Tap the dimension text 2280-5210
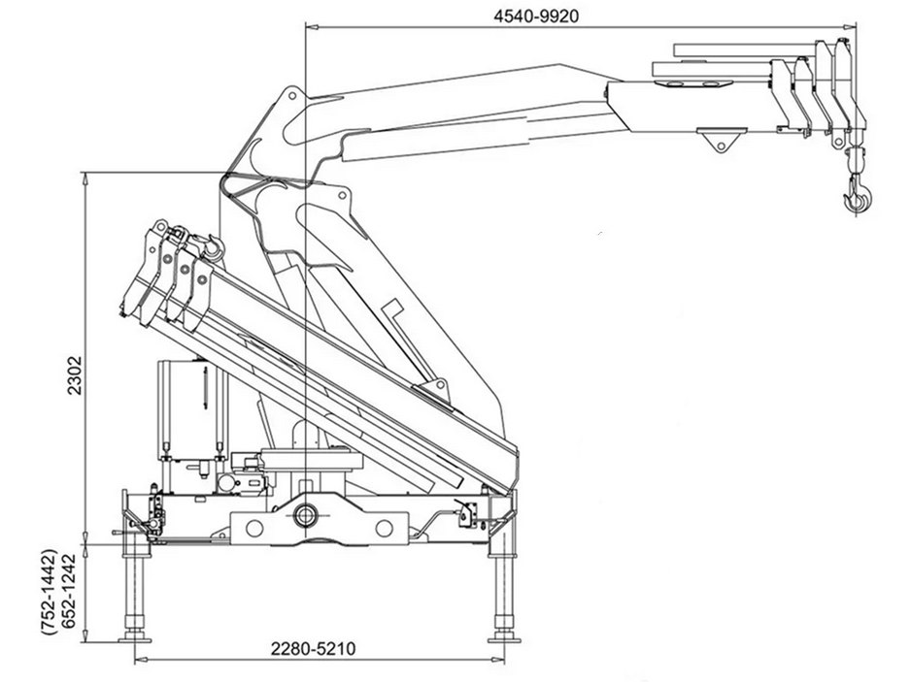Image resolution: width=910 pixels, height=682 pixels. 313,648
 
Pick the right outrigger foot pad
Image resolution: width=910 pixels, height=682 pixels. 501,636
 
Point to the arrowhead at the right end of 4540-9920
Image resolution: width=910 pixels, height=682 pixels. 852,27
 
